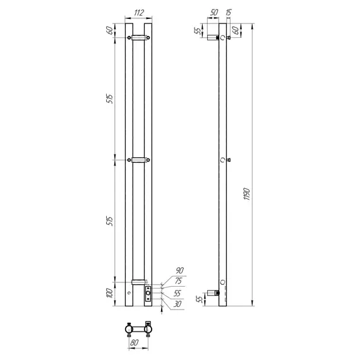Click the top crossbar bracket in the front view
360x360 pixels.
click(x=138, y=38)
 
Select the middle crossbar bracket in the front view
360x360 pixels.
click(x=138, y=160)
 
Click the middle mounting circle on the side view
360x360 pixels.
click(x=222, y=160)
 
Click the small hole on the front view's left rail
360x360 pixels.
click(x=129, y=294)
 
